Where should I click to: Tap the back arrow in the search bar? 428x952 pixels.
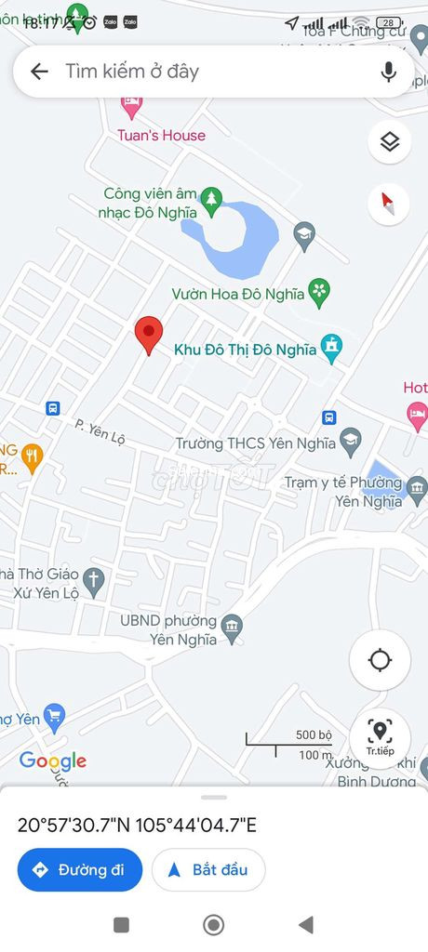point(39,72)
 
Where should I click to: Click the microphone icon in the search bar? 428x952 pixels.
point(389,72)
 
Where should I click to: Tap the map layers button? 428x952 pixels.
point(389,141)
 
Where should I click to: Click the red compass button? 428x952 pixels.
point(389,204)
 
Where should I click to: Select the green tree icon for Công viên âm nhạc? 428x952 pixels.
point(211,198)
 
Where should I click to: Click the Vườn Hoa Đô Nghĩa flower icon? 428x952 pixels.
point(320,293)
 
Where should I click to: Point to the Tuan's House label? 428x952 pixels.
point(161,136)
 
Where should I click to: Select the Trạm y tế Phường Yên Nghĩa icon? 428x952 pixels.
point(417,486)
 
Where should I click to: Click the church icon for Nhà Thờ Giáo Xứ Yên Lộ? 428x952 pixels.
point(93,582)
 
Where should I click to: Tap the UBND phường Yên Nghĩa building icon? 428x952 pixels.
point(233,628)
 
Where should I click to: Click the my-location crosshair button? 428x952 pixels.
point(380,660)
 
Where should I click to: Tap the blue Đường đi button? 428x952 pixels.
point(80,870)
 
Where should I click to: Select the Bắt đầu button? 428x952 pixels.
point(208,870)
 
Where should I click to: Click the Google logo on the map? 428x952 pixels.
point(53,760)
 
